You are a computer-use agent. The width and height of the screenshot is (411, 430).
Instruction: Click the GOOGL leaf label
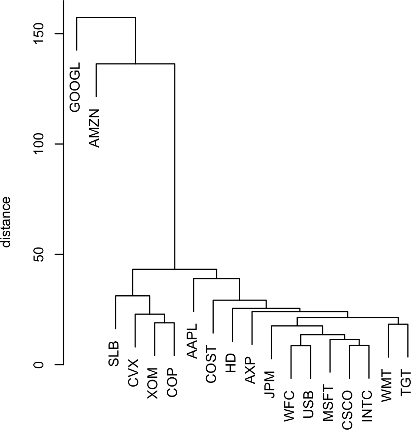click(75, 89)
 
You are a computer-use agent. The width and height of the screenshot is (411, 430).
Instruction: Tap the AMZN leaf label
click(94, 128)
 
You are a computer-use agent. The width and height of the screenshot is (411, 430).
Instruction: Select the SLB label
click(114, 354)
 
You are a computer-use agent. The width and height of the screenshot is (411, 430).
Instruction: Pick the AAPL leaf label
click(192, 341)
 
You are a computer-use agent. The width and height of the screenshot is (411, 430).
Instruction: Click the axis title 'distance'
click(7, 222)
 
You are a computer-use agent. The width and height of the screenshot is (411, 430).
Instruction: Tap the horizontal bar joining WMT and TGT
click(398, 324)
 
